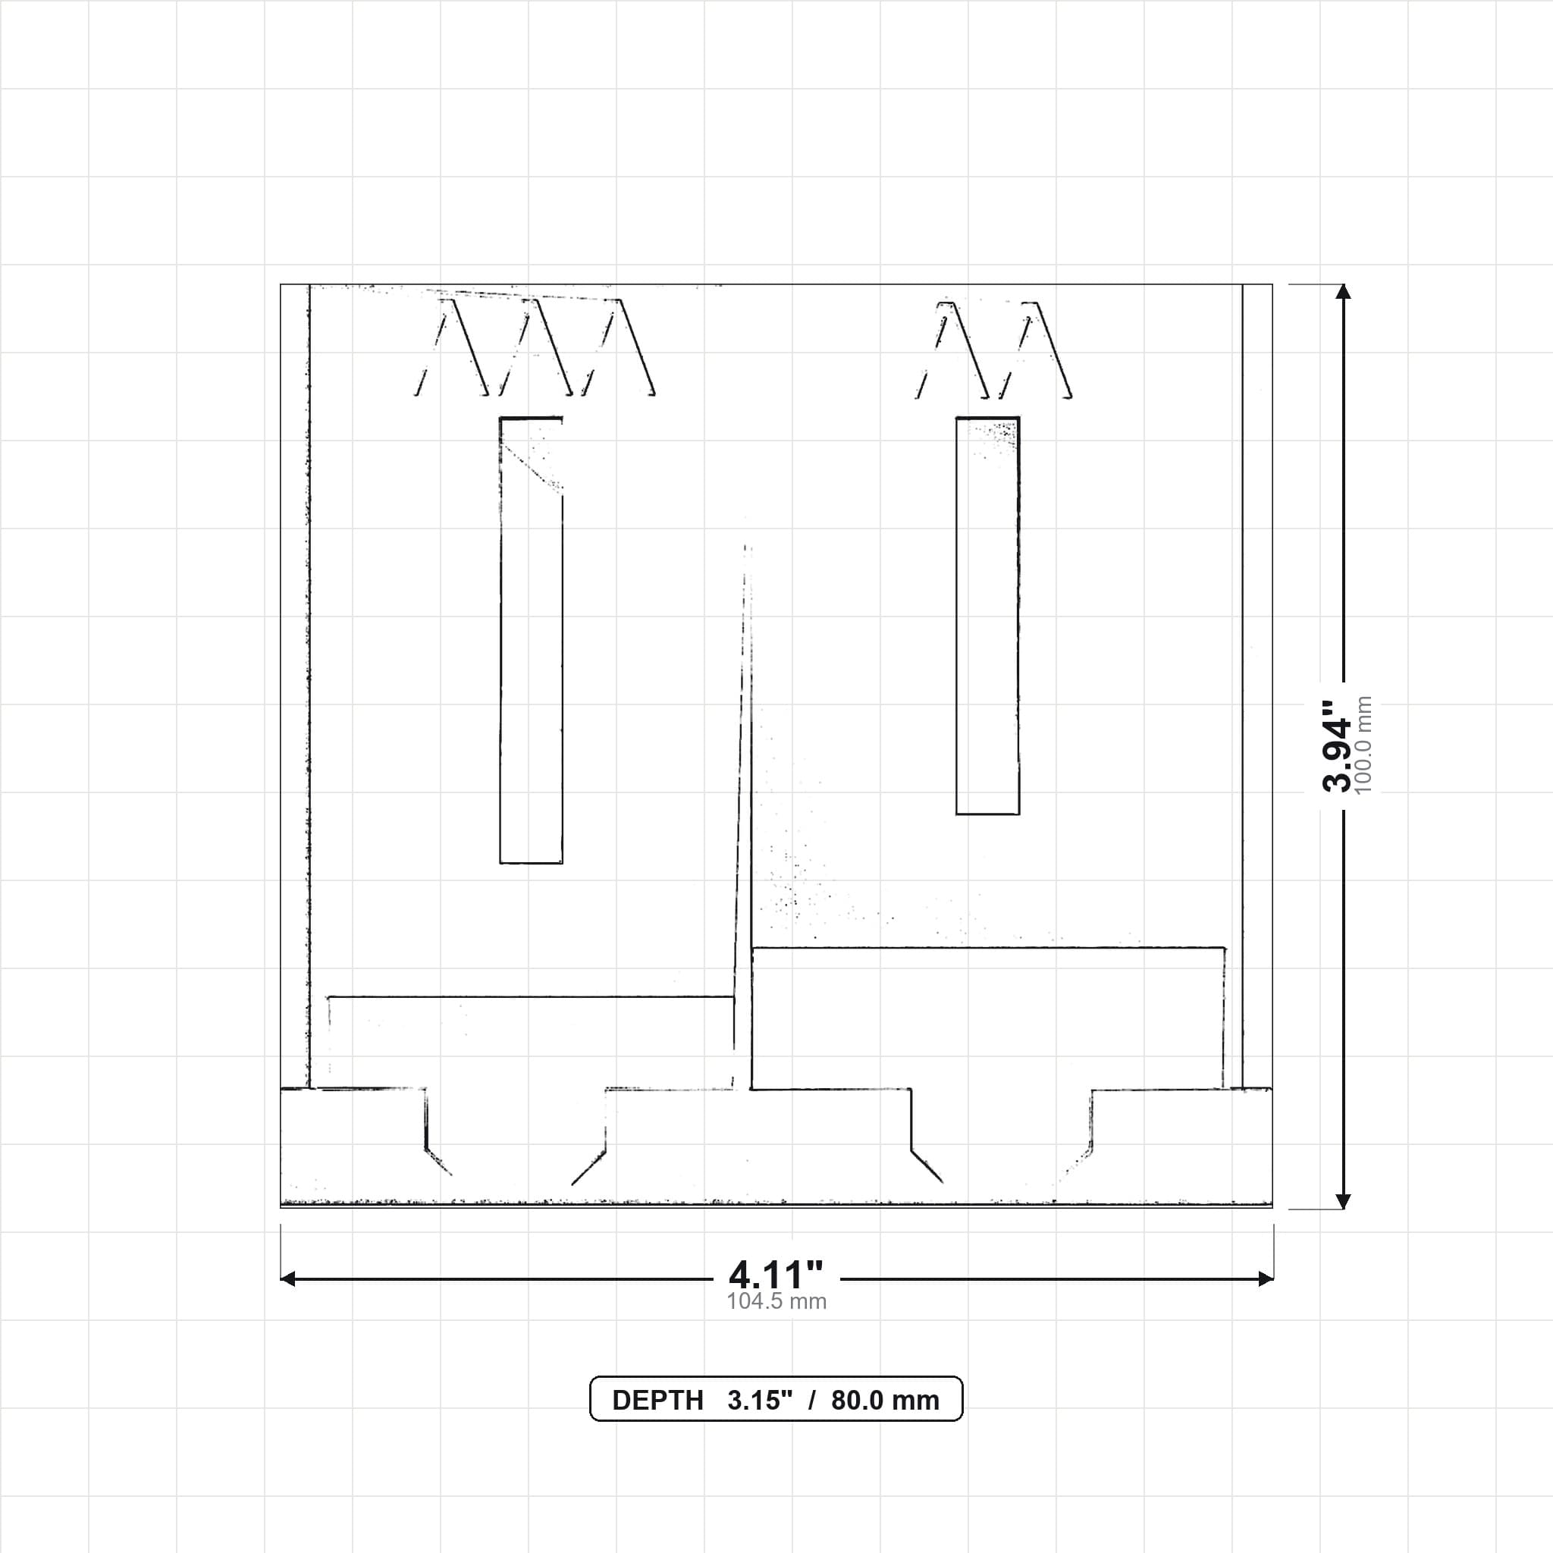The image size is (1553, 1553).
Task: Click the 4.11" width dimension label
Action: [776, 1274]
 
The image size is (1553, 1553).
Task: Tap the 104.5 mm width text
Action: [776, 1301]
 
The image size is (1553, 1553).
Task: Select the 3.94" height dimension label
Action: [1338, 745]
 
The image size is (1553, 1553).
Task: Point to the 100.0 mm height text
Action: [1363, 745]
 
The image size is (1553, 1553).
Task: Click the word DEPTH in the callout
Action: [657, 1401]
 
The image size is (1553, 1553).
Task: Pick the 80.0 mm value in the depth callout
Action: [885, 1401]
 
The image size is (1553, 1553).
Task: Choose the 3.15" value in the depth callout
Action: [760, 1401]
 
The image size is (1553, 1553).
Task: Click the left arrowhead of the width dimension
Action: [287, 1278]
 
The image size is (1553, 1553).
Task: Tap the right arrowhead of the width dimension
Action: [1266, 1278]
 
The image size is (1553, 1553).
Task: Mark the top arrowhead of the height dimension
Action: [1342, 292]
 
